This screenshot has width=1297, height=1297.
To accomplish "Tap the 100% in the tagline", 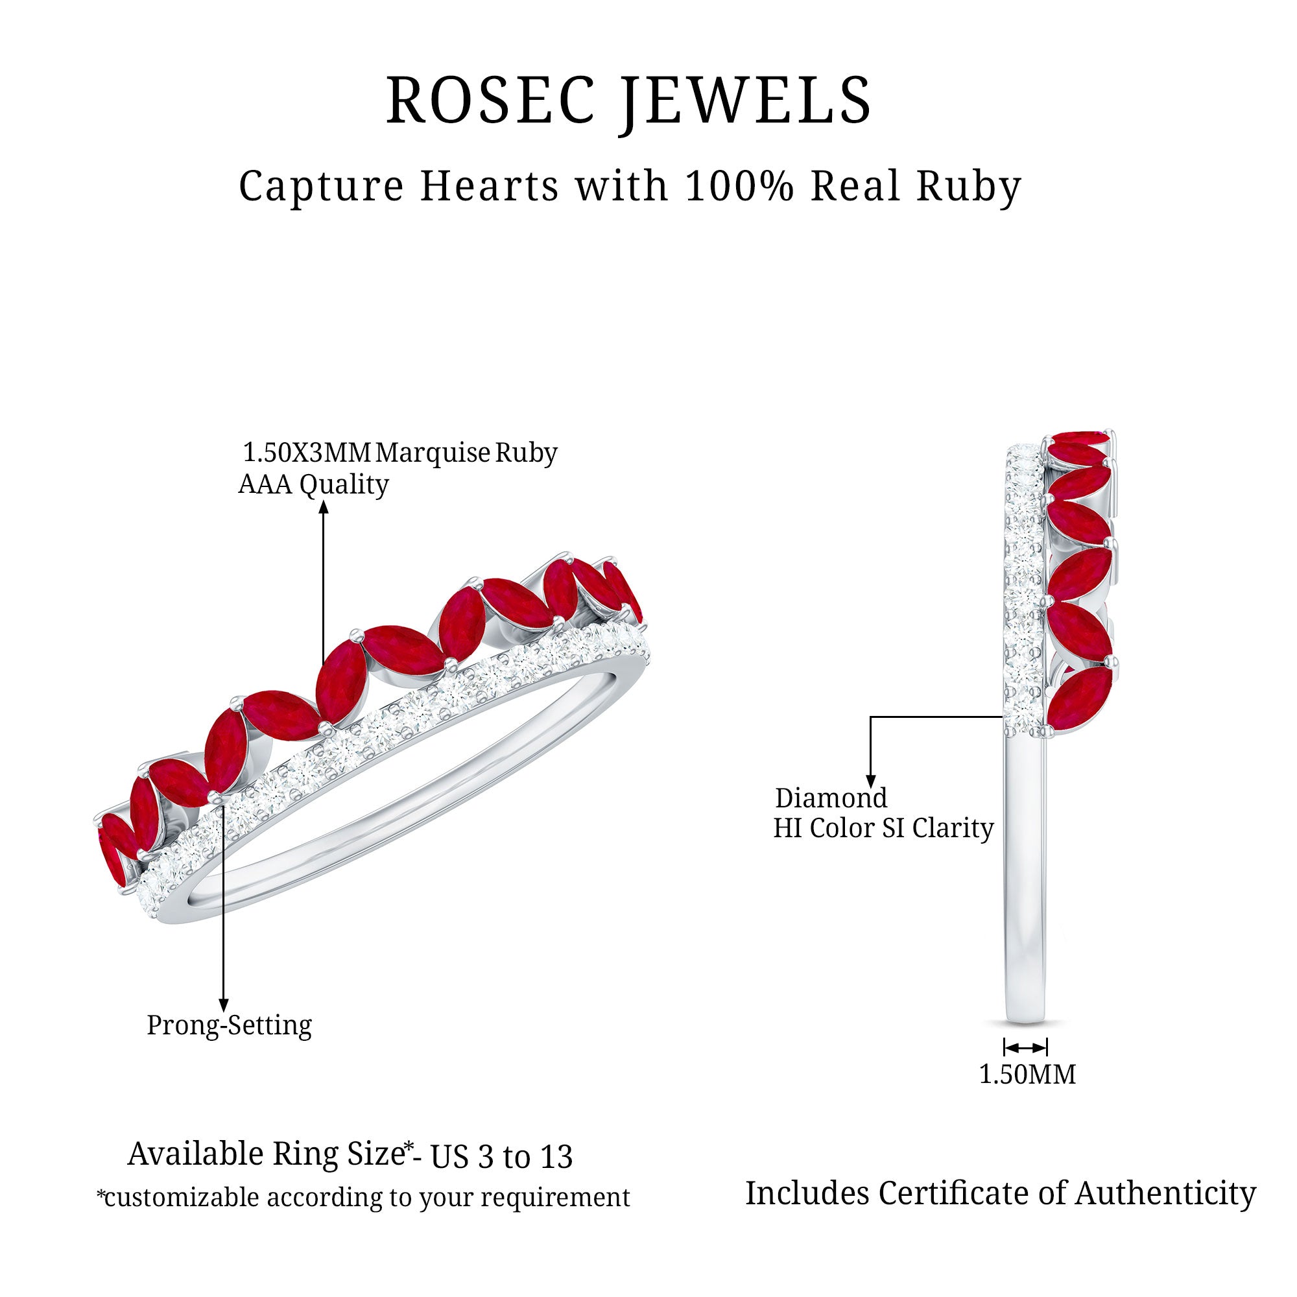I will click(739, 186).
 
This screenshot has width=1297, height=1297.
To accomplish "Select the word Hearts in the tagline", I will click(490, 186).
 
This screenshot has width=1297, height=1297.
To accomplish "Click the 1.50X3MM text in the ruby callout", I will click(306, 453).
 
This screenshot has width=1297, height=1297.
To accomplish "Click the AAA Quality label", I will click(313, 484).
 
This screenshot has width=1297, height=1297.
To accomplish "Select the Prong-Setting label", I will click(229, 1025).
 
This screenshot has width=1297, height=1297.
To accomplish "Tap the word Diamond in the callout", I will click(831, 798).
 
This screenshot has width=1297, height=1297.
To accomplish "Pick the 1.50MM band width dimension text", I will click(1027, 1075).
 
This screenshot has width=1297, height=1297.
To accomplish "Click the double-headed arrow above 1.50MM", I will click(1025, 1048).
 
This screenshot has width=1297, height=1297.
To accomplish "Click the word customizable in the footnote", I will click(182, 1198).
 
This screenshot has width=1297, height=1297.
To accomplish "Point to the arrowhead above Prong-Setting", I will click(224, 1005).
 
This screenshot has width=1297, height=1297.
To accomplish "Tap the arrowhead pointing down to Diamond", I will click(871, 781).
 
